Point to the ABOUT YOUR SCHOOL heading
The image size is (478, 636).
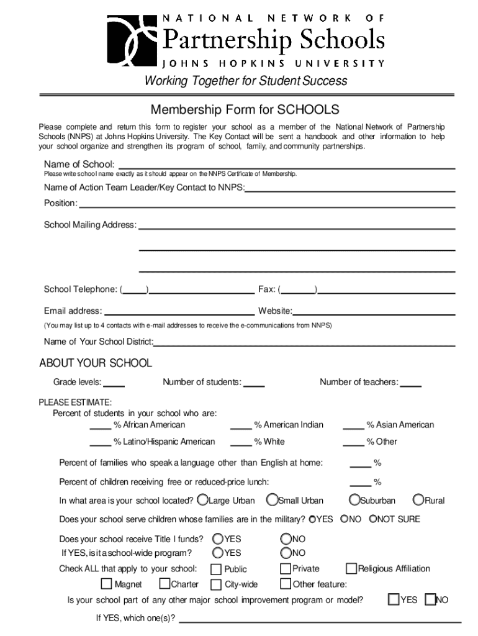[96, 363]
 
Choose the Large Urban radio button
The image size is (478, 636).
[203, 500]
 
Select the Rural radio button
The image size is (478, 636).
[419, 500]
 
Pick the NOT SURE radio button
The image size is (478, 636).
[373, 519]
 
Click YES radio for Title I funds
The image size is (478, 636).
[218, 538]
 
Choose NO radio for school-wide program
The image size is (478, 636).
[286, 552]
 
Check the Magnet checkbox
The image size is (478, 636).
[106, 584]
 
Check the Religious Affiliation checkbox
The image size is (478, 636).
[351, 568]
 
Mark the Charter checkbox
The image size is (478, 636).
[165, 584]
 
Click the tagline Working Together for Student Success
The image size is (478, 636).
[246, 81]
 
